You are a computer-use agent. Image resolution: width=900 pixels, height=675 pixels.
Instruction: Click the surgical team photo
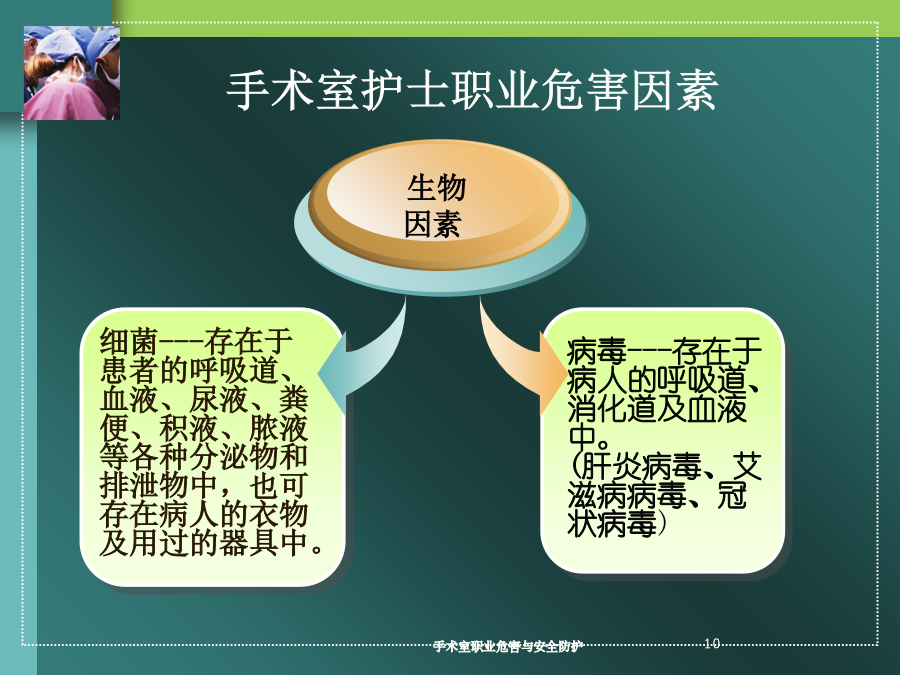72,73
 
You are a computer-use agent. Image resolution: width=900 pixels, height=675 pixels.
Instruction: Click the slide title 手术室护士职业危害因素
472,91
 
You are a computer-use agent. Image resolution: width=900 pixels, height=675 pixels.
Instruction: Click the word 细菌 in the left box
129,342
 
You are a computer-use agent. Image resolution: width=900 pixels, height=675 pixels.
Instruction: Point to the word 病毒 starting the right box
597,351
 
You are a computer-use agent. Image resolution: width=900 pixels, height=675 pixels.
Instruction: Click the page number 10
712,643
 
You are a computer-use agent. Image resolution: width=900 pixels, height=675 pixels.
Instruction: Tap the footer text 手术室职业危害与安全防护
508,646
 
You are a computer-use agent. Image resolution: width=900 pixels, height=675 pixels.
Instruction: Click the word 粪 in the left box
293,399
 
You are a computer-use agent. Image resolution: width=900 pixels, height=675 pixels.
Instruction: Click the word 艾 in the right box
747,467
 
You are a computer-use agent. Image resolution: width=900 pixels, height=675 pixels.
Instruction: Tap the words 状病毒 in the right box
612,524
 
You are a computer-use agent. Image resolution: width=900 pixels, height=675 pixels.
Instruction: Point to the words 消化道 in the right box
612,409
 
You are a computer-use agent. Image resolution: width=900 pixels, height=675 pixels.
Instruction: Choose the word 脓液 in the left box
278,428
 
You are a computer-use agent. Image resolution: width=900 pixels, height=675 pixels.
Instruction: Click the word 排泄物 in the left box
144,486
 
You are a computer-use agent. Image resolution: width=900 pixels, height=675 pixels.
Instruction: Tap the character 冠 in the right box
732,495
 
